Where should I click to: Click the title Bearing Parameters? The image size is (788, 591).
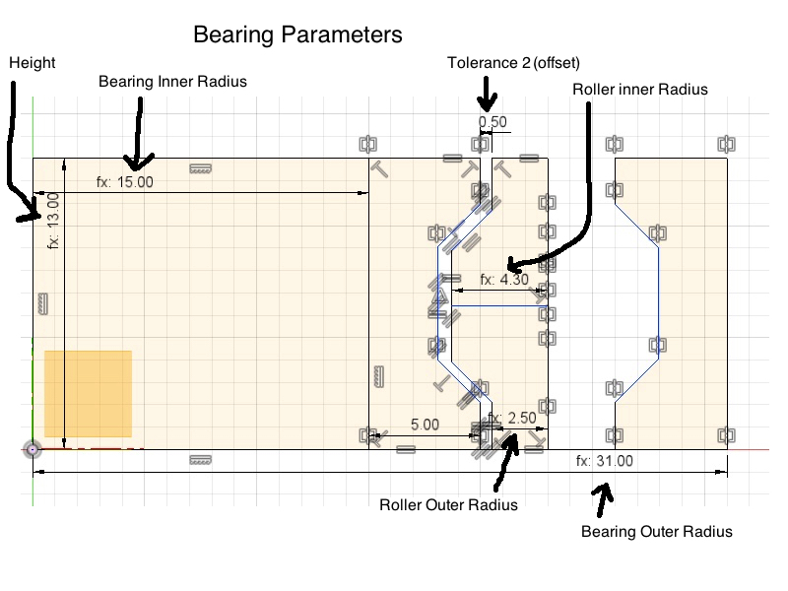click(297, 34)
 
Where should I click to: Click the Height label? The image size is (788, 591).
click(32, 63)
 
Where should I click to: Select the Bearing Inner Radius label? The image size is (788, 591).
click(172, 82)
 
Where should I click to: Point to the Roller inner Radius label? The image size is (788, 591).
click(640, 89)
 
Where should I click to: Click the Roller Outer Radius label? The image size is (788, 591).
click(448, 505)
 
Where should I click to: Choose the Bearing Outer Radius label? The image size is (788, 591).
click(657, 532)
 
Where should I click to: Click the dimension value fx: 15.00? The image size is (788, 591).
click(124, 182)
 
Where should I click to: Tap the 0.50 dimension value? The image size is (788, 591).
click(492, 123)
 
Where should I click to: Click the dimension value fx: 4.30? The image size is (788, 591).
click(504, 279)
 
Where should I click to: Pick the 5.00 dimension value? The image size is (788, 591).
click(425, 425)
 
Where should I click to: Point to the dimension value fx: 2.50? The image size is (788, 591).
click(512, 419)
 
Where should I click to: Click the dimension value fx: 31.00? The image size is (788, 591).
click(605, 461)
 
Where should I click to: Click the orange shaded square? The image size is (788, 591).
click(88, 393)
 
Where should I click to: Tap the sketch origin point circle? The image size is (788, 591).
click(33, 449)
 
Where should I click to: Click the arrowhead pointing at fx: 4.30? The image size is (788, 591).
click(510, 264)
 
